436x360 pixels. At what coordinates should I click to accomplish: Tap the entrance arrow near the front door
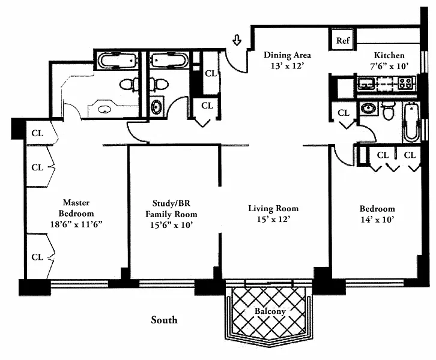tap(237, 40)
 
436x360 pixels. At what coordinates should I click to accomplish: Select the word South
tap(164, 320)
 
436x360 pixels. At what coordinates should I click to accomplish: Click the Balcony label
tap(270, 311)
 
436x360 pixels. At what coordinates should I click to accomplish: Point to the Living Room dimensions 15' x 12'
tap(273, 219)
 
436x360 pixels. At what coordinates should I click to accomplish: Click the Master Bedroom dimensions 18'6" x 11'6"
tap(76, 224)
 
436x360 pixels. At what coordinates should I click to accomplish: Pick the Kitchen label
tap(389, 55)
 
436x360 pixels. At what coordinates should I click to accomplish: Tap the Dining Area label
tap(287, 55)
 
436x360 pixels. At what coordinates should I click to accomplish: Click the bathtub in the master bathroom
tap(118, 60)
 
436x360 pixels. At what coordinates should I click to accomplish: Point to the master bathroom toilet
tap(129, 84)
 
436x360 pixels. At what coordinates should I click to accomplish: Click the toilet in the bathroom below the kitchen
tap(388, 111)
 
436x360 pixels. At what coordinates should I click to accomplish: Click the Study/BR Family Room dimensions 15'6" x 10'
tap(171, 225)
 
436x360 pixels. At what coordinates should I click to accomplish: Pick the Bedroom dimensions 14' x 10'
tap(377, 220)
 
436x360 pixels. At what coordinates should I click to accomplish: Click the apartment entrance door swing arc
tap(234, 62)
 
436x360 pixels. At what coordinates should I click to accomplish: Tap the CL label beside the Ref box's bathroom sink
tap(344, 113)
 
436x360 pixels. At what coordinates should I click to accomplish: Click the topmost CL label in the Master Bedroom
tap(37, 133)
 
